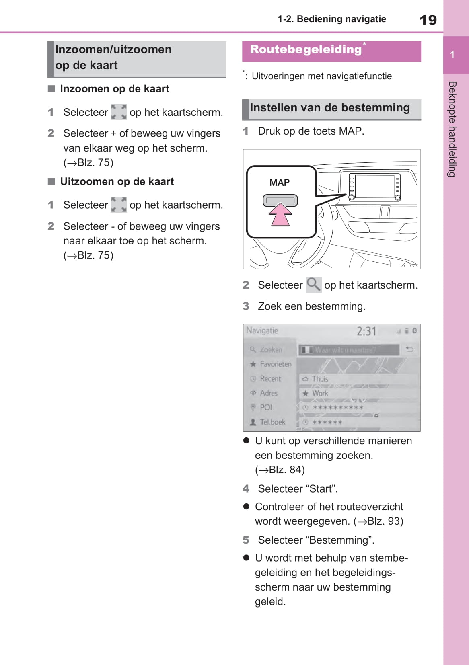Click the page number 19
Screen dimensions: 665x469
428,20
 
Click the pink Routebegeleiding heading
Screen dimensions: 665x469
306,50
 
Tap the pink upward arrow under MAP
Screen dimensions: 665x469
280,215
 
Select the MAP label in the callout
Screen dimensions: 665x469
280,183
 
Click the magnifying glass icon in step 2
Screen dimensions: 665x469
313,285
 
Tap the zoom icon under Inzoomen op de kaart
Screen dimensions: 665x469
119,112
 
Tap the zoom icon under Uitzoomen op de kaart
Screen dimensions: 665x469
119,205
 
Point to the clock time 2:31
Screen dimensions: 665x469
366,331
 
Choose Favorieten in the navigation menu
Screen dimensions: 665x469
275,364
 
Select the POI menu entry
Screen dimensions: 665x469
265,407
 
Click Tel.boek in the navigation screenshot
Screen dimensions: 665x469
272,422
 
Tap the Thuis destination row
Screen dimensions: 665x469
358,379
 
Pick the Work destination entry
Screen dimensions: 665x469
358,393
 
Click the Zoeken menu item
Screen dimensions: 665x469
270,350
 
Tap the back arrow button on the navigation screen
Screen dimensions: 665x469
410,349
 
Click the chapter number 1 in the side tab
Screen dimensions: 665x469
452,55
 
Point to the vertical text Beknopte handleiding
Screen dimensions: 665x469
453,129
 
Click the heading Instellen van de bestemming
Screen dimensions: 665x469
330,108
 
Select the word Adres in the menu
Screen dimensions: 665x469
268,393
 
